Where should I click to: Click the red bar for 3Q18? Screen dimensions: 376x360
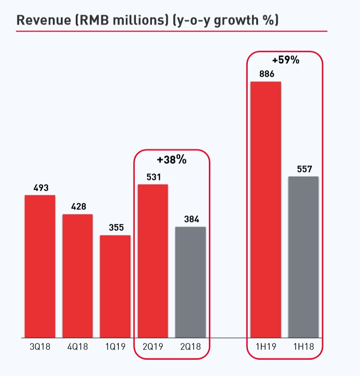coord(40,266)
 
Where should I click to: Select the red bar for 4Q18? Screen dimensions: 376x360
coord(78,276)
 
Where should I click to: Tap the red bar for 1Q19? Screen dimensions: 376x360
coord(115,286)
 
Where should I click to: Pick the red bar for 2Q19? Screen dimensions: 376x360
coord(153,261)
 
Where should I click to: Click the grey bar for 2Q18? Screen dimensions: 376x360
coord(190,282)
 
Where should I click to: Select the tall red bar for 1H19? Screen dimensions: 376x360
coord(266,209)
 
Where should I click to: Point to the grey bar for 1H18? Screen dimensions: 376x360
coord(303,257)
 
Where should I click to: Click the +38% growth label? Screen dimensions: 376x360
coord(172,160)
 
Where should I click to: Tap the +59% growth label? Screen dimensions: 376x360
coord(285,60)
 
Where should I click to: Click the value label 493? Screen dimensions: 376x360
coord(40,188)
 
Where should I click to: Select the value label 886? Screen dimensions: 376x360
coord(266,74)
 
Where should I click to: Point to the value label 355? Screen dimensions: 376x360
coord(115,228)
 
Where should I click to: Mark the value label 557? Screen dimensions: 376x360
coord(303,169)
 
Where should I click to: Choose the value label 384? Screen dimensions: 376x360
coord(190,220)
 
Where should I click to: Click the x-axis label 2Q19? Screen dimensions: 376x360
coord(153,348)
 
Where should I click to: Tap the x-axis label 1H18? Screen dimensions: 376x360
coord(303,348)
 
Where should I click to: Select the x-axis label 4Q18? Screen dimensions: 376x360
coord(78,348)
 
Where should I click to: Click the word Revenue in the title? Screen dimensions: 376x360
coord(40,21)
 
